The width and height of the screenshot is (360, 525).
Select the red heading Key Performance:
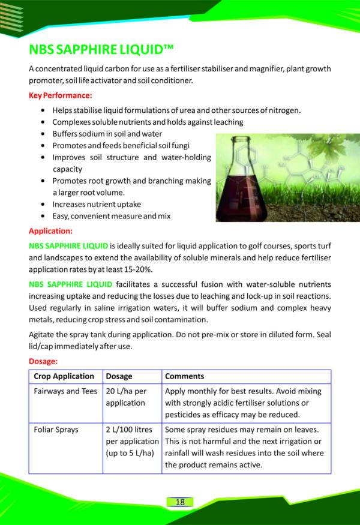click(x=61, y=95)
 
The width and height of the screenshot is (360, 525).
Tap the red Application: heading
click(x=51, y=230)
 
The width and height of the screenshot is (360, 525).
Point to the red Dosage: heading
click(x=43, y=362)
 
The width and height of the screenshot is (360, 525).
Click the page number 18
click(x=180, y=502)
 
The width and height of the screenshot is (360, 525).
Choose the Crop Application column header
click(x=64, y=376)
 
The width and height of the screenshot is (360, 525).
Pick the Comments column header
click(x=184, y=376)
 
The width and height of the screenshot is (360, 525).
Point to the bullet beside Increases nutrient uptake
click(x=43, y=205)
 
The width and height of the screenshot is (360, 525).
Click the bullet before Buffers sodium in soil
click(x=43, y=134)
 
